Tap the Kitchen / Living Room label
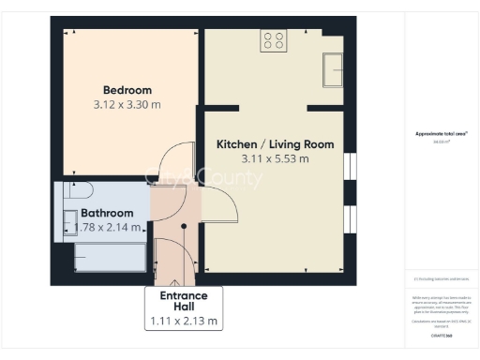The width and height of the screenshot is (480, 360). point(275,144)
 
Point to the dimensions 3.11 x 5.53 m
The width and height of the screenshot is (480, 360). point(275,159)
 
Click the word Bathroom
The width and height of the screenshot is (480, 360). point(107,213)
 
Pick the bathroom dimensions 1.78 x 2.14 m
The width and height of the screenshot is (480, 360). point(107,227)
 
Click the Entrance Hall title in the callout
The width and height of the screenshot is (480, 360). point(184,301)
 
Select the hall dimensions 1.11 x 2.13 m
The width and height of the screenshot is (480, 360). point(184,321)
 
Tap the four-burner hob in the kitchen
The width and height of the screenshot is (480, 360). point(274,40)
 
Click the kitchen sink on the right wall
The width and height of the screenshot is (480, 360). point(333,68)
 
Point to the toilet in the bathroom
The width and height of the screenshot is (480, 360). point(75,191)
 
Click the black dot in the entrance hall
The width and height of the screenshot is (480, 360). point(184,226)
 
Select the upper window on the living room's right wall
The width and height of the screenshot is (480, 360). point(350,165)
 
